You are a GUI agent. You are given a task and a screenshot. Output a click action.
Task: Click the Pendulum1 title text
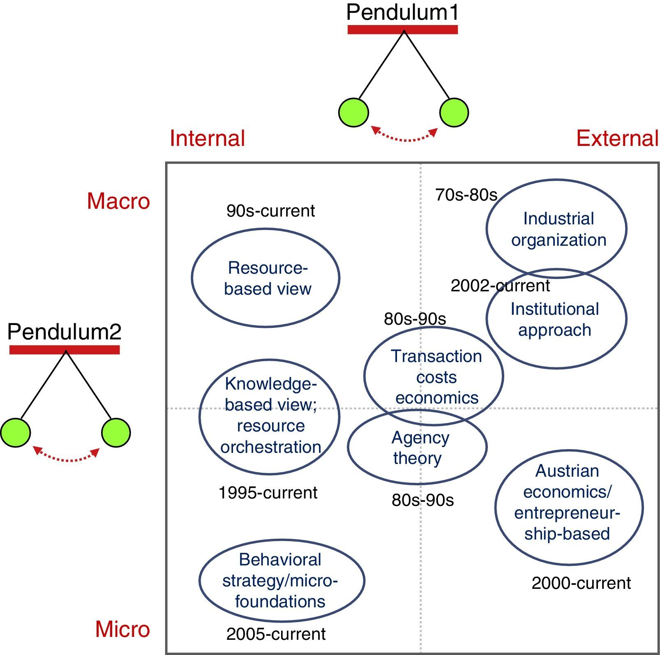coord(402,12)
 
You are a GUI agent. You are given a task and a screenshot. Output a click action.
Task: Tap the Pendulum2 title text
coord(64,332)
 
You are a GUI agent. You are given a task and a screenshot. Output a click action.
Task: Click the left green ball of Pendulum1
coord(353,112)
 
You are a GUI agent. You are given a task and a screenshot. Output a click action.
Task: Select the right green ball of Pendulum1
coord(454,112)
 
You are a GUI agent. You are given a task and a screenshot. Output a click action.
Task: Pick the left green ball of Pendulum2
coord(16,432)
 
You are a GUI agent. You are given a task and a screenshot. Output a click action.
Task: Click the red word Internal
coord(207,138)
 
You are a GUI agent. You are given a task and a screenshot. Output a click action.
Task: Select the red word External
coord(617,138)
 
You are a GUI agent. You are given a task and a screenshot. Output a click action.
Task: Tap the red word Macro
coord(118,201)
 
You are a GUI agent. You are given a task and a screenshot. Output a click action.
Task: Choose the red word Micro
coord(122,629)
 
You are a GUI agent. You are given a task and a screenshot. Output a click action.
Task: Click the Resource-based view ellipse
coord(265,278)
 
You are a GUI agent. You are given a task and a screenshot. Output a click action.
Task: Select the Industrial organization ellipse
coord(556,228)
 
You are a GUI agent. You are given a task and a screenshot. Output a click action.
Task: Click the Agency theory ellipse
coord(417,447)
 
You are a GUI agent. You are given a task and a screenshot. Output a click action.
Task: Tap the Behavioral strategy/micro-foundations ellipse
coord(282,580)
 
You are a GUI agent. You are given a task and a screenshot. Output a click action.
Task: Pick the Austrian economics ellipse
coord(569,507)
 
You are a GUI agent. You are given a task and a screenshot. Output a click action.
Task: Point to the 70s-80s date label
coord(466,195)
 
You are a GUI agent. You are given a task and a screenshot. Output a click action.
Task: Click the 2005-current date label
coord(276,634)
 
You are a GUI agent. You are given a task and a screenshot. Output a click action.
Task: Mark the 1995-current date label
coord(268,493)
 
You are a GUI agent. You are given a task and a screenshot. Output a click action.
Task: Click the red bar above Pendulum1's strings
coord(402,30)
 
